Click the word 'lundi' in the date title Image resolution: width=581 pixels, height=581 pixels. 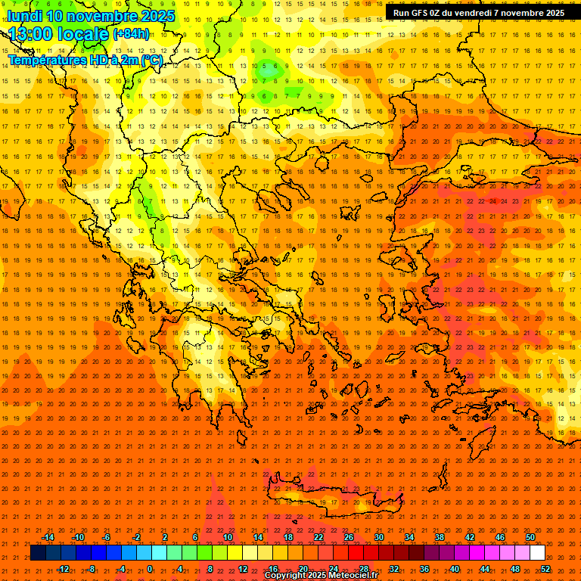(x=25, y=15)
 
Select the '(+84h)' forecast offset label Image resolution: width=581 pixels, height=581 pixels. (x=131, y=34)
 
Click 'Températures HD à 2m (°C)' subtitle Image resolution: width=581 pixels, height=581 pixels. (x=85, y=60)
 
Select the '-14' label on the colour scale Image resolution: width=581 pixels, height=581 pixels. (x=48, y=537)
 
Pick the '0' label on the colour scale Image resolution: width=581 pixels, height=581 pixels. (x=150, y=569)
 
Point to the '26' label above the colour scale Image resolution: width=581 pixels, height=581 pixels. (x=349, y=537)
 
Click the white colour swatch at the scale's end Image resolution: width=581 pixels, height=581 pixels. (x=538, y=553)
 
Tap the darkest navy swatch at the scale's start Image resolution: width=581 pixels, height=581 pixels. (x=38, y=553)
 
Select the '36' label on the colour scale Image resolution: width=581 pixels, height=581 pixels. (x=424, y=569)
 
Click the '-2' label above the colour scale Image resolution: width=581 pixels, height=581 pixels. (x=136, y=537)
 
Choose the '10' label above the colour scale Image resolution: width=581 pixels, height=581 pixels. (x=227, y=537)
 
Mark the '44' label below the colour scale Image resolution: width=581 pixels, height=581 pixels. (x=485, y=569)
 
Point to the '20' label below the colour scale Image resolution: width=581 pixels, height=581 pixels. (x=303, y=569)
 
